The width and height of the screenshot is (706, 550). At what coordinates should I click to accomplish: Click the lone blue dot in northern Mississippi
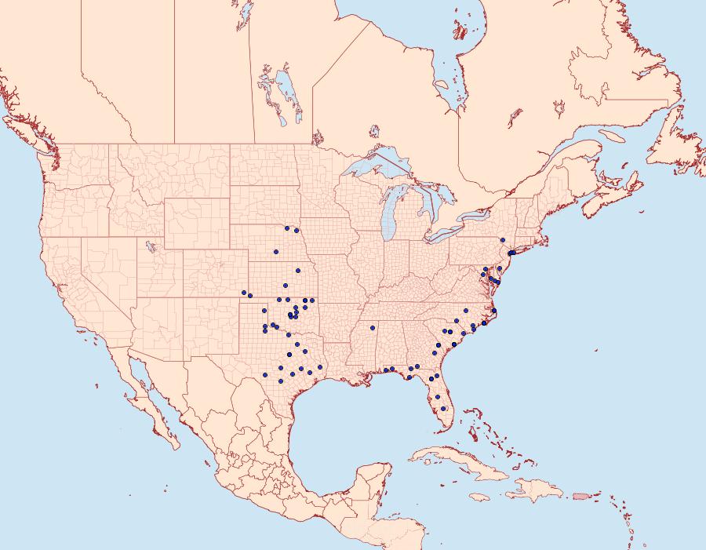tap(373, 327)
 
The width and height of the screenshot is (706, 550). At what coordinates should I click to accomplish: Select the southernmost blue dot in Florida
tap(444, 408)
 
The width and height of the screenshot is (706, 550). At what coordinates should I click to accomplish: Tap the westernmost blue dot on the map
tap(244, 293)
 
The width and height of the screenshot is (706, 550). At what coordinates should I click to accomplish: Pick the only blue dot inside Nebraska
tap(276, 252)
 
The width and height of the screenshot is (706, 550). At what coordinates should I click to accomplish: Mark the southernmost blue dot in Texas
tap(281, 381)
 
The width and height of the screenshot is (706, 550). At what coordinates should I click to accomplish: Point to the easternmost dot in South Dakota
tap(297, 231)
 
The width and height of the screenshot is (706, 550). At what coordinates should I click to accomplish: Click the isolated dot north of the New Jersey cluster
tap(502, 239)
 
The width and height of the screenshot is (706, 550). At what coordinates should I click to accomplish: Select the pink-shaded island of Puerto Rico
tap(580, 495)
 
